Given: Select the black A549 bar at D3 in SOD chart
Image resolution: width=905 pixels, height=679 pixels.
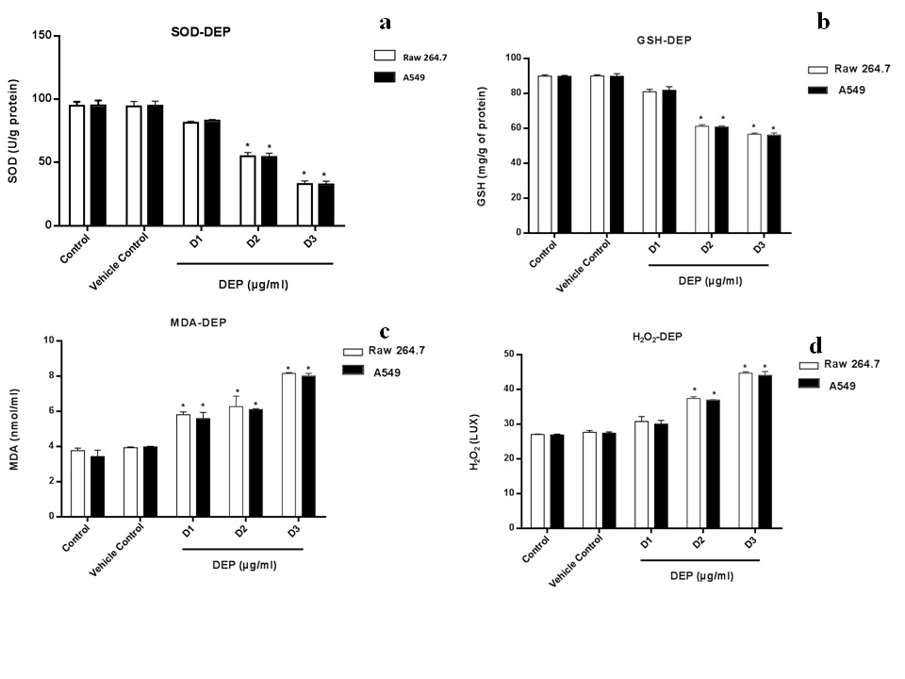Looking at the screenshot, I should [326, 205].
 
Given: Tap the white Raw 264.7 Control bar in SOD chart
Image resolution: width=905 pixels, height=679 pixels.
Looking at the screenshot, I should [77, 165].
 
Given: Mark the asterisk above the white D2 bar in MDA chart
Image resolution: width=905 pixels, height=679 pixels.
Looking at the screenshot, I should [237, 392].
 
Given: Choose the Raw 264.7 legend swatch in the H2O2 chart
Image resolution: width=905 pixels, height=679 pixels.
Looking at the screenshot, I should [811, 365].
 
